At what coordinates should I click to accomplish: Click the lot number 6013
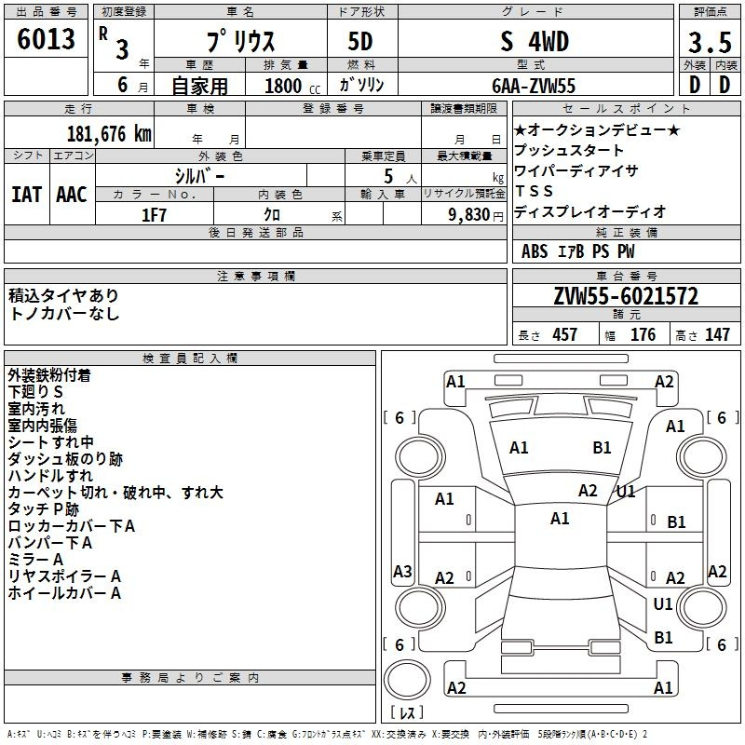coord(46,39)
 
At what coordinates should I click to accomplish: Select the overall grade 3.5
coord(710,42)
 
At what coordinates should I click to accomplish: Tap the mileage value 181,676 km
coord(109,134)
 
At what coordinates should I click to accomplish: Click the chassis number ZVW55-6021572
coord(626,296)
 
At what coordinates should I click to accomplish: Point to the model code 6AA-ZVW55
coord(534,86)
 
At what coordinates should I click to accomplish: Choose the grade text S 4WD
coord(535,41)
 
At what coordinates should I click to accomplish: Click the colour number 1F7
coord(154,215)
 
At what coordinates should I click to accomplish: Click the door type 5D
coord(360,41)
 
